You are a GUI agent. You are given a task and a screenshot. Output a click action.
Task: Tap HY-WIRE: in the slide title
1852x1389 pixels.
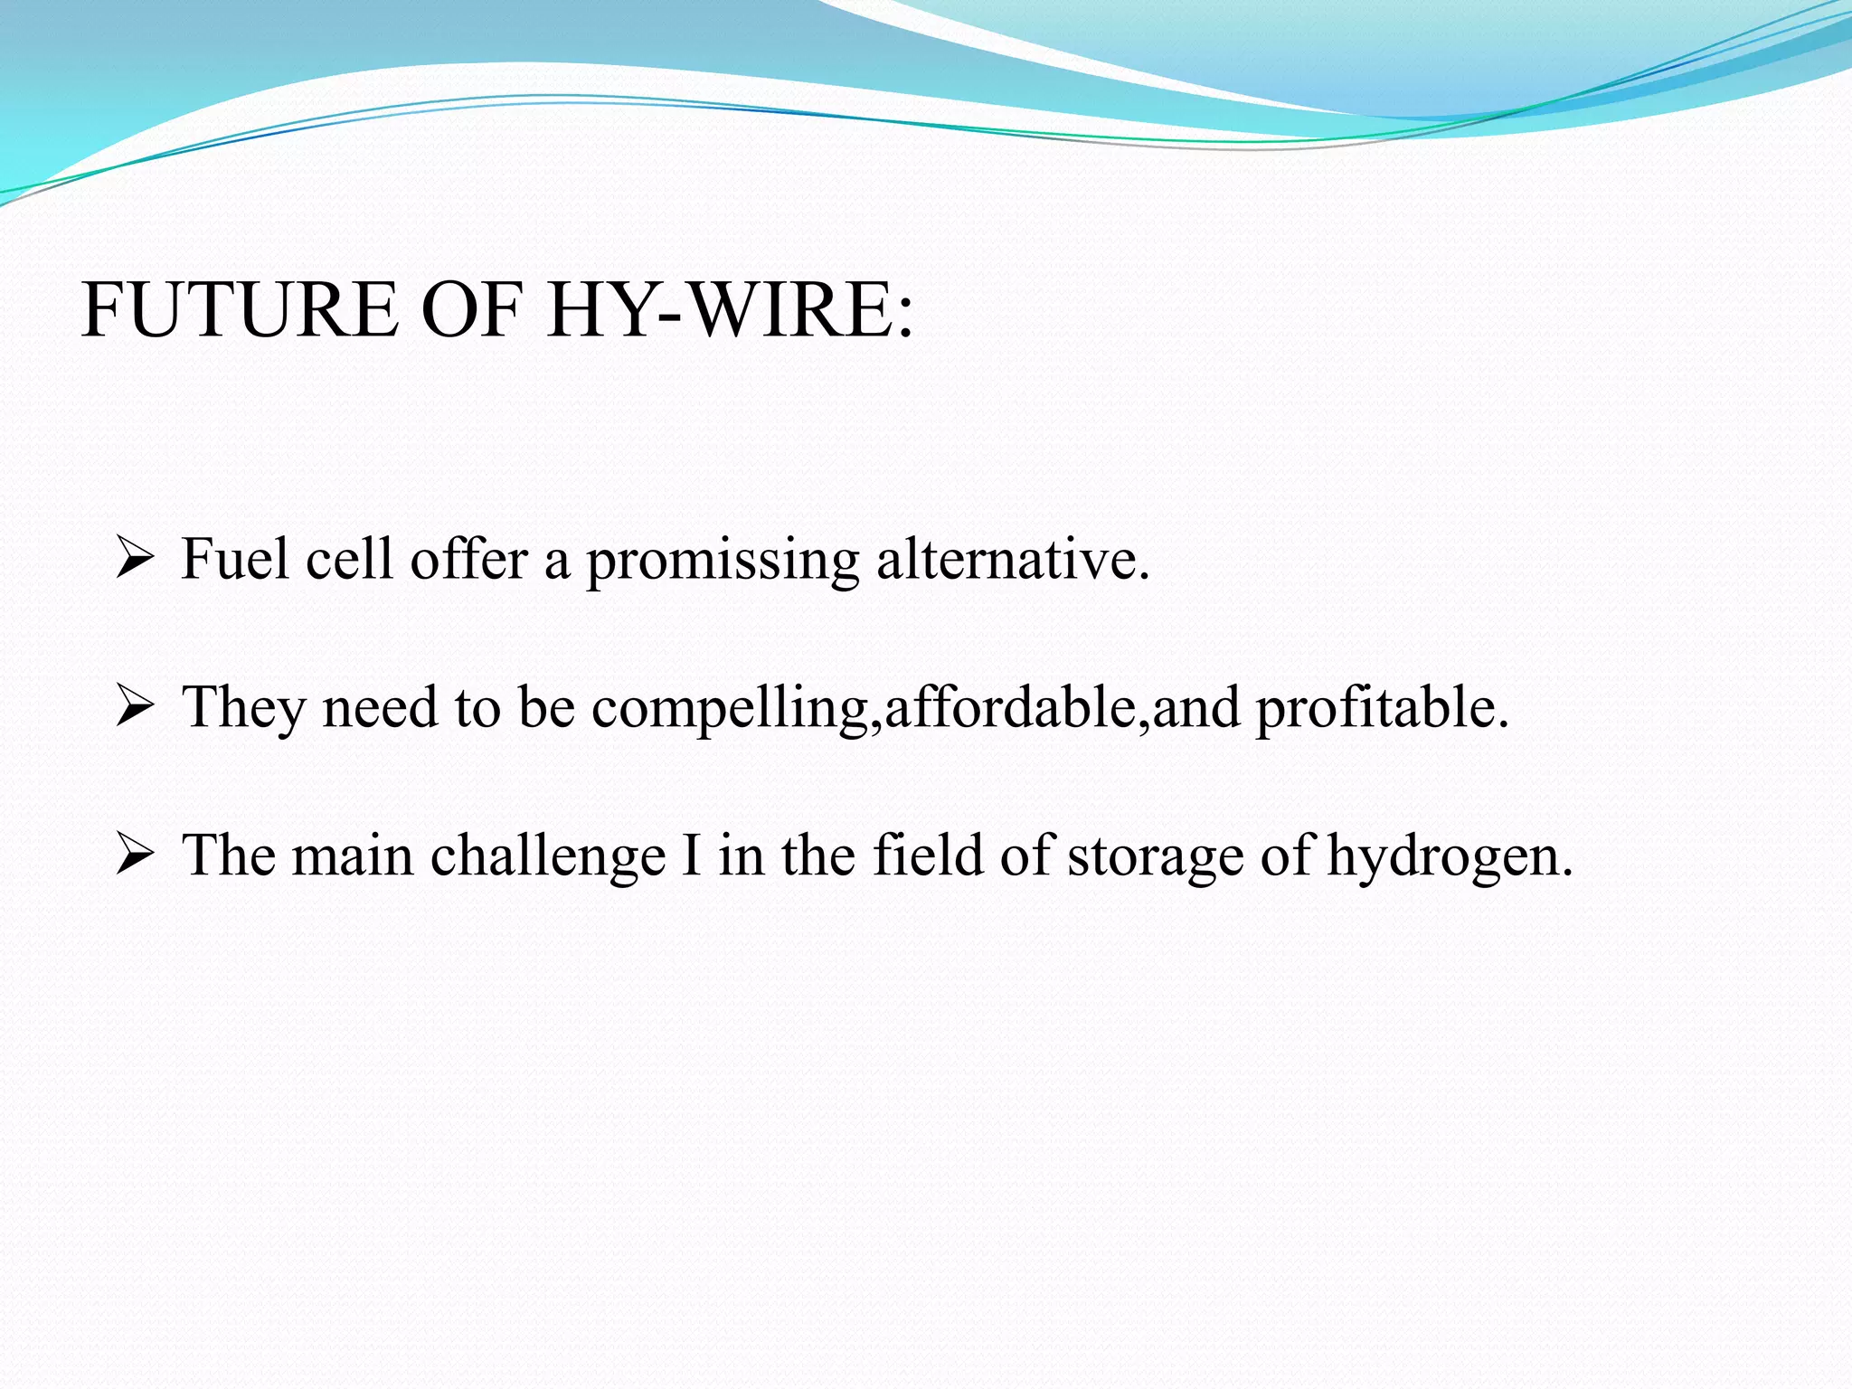[x=730, y=310]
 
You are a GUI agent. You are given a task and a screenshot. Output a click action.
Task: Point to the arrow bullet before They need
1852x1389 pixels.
[x=135, y=708]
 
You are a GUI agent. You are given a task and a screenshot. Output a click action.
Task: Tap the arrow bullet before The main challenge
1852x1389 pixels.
[x=135, y=855]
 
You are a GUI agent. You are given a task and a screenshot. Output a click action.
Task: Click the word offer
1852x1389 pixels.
[x=468, y=559]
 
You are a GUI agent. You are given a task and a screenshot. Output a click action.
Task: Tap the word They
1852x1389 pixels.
[x=243, y=708]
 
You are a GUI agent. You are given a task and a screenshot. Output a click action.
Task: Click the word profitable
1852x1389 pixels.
[x=1381, y=708]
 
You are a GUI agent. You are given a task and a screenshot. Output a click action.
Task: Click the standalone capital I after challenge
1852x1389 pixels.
[x=692, y=855]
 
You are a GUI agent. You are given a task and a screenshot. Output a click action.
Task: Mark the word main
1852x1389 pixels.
[x=352, y=855]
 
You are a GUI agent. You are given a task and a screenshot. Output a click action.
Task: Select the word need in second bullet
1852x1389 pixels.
[x=380, y=708]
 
